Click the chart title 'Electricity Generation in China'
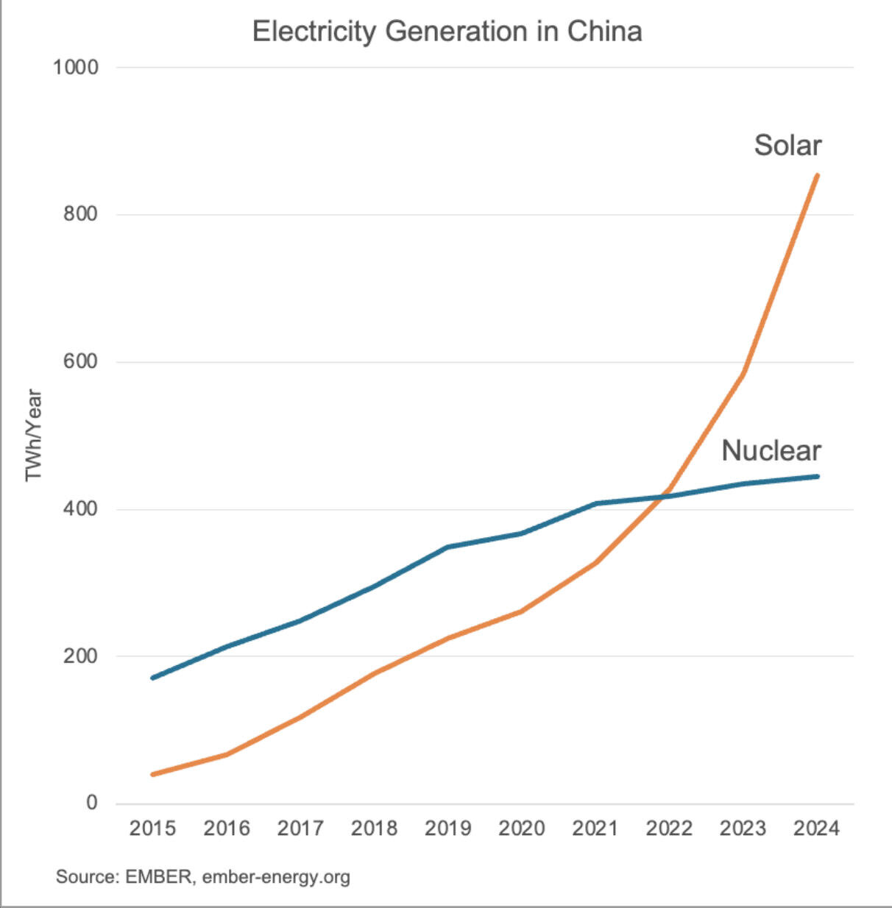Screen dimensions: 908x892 point(447,32)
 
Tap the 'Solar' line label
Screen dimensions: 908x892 point(787,146)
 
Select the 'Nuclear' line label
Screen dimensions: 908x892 point(771,450)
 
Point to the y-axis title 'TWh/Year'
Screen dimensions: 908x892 point(34,435)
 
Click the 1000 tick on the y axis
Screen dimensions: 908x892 point(75,68)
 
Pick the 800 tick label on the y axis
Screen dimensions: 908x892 point(80,214)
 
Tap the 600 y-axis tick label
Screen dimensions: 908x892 point(80,361)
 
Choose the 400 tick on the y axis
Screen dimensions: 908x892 point(80,508)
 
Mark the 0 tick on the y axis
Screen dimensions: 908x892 point(91,803)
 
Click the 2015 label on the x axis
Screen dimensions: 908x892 point(152,829)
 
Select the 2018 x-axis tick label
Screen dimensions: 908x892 point(374,829)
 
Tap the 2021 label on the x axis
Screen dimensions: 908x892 point(595,829)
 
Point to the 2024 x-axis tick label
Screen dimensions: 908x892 point(816,829)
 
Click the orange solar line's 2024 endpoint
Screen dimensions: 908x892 point(817,175)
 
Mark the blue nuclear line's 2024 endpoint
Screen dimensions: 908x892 point(817,476)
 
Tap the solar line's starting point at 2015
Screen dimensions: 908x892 point(152,774)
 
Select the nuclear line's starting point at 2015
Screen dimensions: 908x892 point(152,678)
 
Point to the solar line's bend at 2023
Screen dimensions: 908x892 point(743,374)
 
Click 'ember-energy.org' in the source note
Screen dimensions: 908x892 point(276,877)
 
